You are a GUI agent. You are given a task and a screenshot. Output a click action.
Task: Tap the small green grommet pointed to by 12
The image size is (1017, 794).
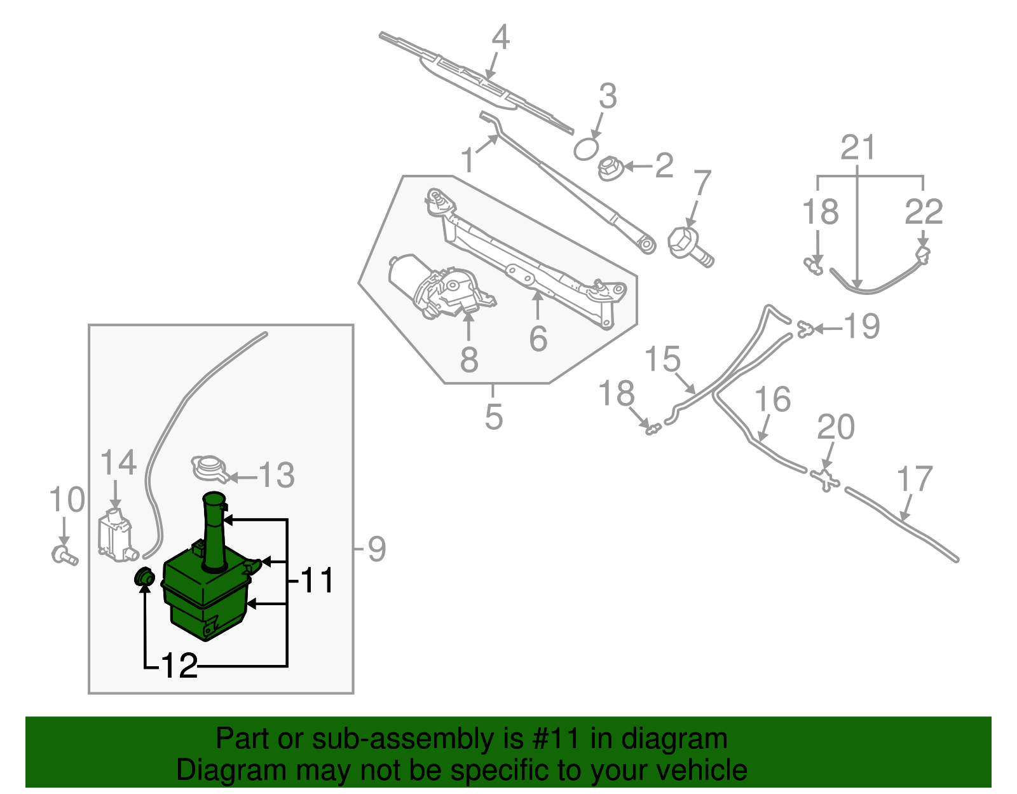pos(144,578)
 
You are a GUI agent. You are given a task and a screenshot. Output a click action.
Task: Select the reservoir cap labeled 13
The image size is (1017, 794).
pos(209,469)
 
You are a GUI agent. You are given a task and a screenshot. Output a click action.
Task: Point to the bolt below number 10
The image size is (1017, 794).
pos(64,556)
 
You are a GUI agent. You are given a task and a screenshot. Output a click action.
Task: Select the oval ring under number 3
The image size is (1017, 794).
pos(586,150)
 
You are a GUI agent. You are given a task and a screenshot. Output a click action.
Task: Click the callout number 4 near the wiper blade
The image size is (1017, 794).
pos(501,38)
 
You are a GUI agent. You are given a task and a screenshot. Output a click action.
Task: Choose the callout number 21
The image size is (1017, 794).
pos(857,147)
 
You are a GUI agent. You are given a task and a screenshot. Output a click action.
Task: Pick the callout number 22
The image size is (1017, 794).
pos(924,212)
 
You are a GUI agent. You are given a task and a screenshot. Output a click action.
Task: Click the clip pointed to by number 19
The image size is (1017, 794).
pos(806,329)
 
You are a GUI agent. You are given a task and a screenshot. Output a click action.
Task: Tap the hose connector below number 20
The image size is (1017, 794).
pos(824,479)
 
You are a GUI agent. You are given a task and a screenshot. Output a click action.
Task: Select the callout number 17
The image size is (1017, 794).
pos(915,480)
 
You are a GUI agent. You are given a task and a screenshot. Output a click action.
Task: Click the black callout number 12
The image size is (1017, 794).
pos(180,666)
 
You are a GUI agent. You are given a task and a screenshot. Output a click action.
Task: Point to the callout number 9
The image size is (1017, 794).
pos(376,549)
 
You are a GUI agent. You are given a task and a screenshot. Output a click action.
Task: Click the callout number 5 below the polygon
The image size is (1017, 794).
pos(493,417)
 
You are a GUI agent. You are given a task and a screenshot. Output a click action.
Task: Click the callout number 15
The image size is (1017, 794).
pos(662,359)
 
